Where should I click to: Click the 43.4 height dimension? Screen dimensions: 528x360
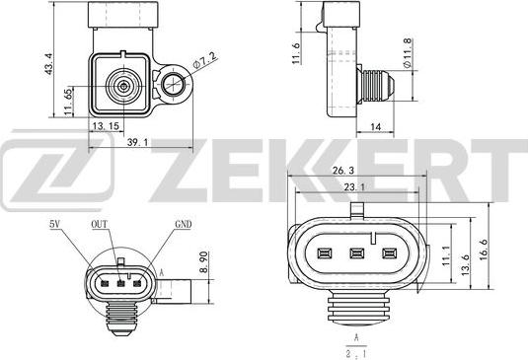click(49, 64)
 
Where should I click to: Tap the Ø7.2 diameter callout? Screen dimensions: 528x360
click(204, 60)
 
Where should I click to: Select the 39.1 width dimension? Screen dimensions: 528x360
click(137, 142)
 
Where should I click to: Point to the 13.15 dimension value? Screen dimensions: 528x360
click(106, 126)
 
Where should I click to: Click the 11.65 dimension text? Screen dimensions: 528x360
click(69, 102)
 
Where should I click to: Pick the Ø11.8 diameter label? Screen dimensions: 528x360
click(408, 53)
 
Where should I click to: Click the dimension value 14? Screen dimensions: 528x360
click(375, 127)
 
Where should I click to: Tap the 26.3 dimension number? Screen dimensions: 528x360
click(343, 171)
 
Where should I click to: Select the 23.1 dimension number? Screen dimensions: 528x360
click(354, 186)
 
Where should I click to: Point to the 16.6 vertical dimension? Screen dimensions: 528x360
click(484, 250)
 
